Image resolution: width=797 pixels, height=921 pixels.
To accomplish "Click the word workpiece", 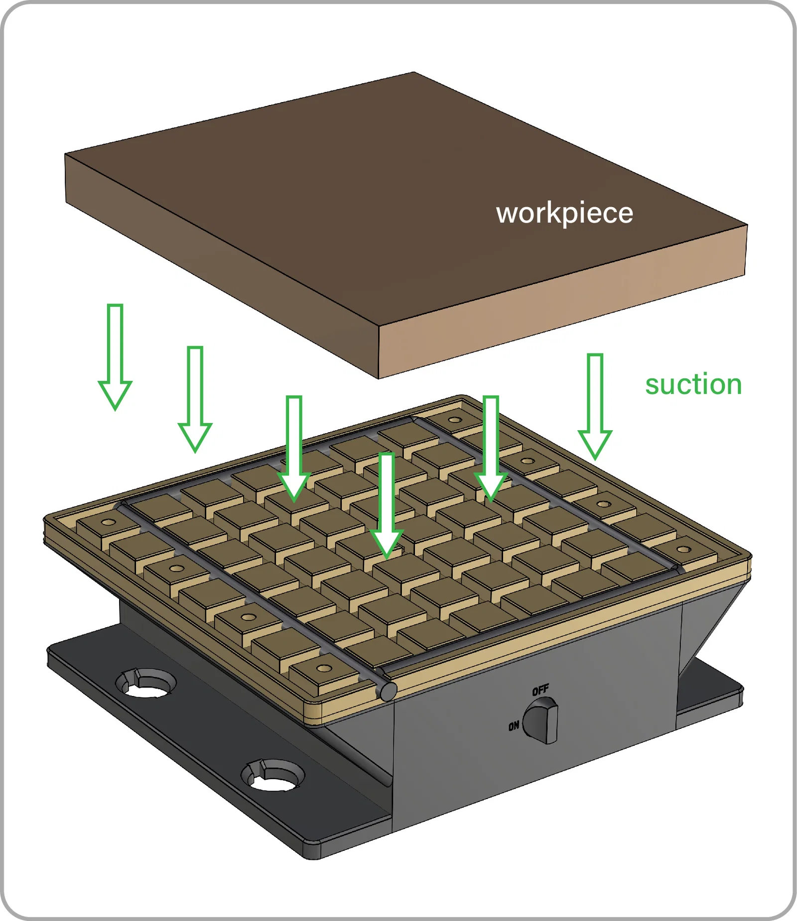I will click(x=564, y=213).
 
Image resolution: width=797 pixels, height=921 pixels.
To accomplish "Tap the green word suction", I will click(x=693, y=385).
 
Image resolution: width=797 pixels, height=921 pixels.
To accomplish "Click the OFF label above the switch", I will click(x=540, y=690).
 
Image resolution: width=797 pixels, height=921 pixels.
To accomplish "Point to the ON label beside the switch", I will click(x=514, y=726).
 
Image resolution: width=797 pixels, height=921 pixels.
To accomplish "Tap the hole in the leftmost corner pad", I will click(x=109, y=522).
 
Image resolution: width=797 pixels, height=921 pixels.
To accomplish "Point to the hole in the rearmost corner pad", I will click(x=454, y=420).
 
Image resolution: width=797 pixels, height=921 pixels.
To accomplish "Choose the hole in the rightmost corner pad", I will click(x=684, y=550).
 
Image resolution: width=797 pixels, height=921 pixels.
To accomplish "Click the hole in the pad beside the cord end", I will click(x=324, y=668).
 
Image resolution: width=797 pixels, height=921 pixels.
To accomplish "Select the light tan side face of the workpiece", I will click(x=563, y=304).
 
